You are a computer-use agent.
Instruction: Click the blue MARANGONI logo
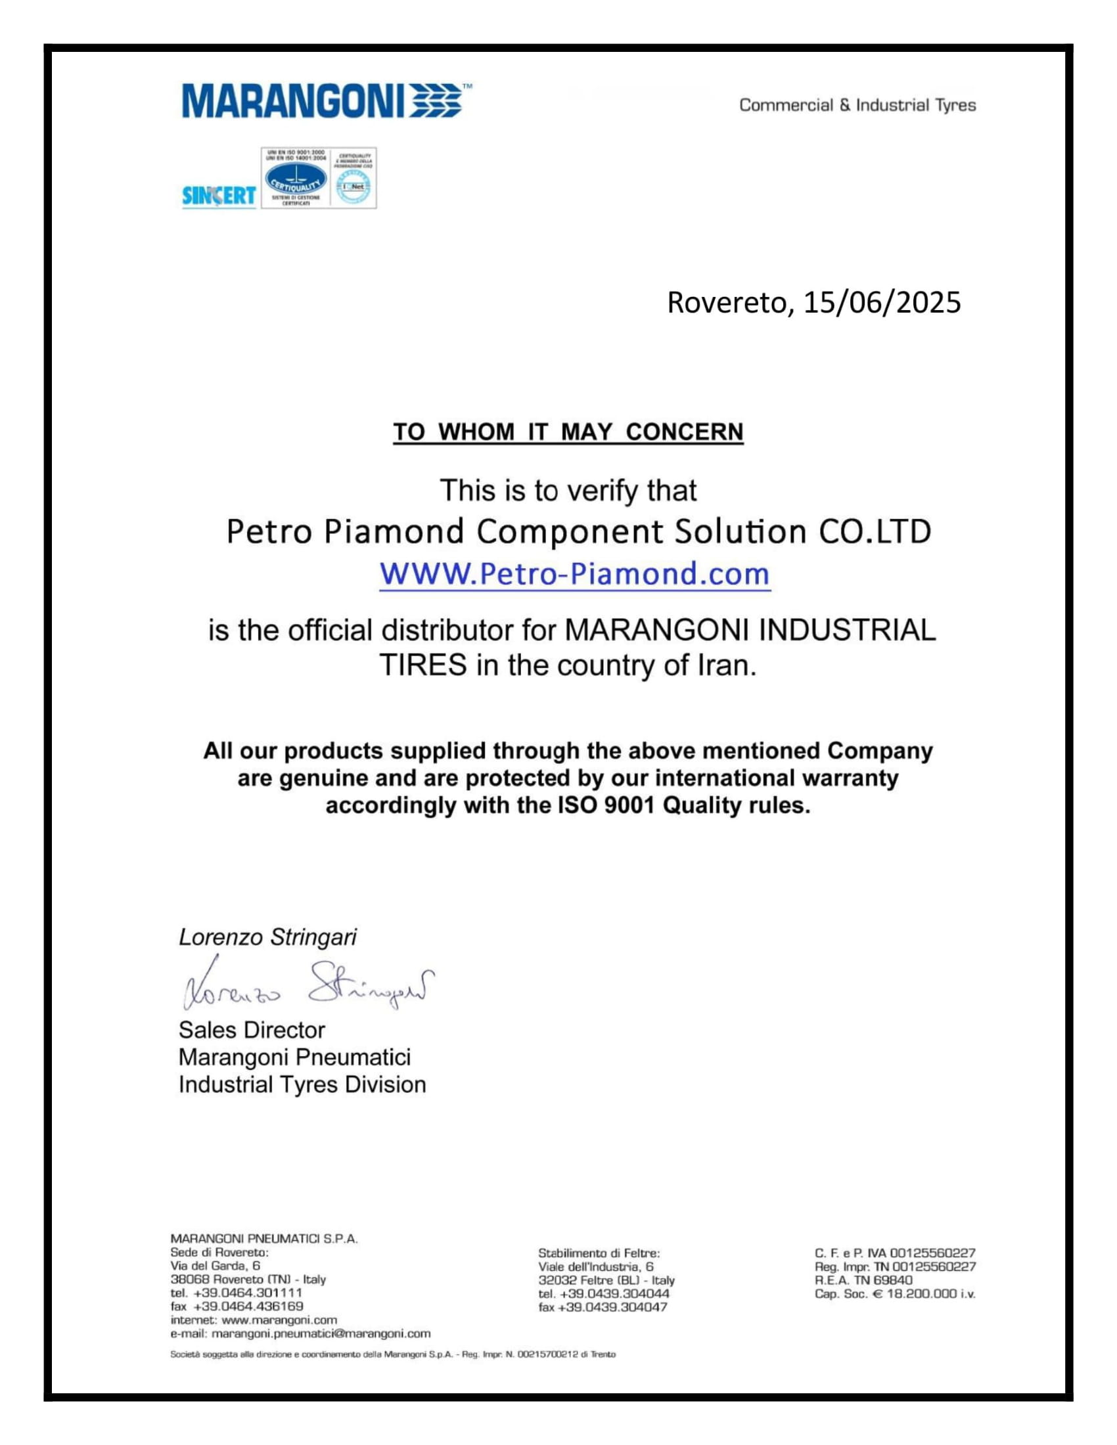click(321, 101)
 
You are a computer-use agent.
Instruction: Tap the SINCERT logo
click(218, 195)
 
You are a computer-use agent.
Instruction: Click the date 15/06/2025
click(881, 302)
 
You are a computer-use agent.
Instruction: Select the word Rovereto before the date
click(727, 302)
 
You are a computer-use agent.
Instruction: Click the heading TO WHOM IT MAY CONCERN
click(568, 432)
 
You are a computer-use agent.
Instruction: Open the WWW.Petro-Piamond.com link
click(574, 573)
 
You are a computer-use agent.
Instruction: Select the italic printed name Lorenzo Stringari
click(267, 937)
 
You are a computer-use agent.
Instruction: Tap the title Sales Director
click(252, 1030)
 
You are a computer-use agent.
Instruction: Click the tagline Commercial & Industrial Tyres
click(857, 105)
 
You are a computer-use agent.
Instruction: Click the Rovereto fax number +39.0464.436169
click(248, 1306)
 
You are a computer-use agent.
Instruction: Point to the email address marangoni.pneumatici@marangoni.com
click(321, 1333)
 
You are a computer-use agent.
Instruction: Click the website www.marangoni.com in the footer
click(279, 1320)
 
